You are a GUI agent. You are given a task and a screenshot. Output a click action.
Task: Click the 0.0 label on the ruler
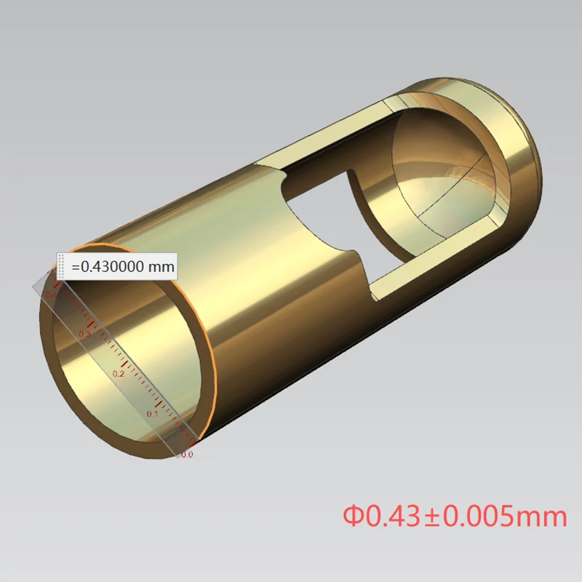click(187, 455)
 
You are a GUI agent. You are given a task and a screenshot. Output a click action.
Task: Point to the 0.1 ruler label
click(153, 413)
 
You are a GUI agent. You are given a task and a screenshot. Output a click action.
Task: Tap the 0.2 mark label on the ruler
click(119, 373)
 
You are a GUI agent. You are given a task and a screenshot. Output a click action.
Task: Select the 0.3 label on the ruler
click(85, 334)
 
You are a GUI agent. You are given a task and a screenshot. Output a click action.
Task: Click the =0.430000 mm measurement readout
click(122, 266)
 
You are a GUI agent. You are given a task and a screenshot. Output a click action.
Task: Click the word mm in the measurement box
click(161, 266)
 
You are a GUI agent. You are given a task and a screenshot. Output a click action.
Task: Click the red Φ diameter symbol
click(353, 517)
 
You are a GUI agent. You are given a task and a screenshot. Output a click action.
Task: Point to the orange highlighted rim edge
click(216, 364)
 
